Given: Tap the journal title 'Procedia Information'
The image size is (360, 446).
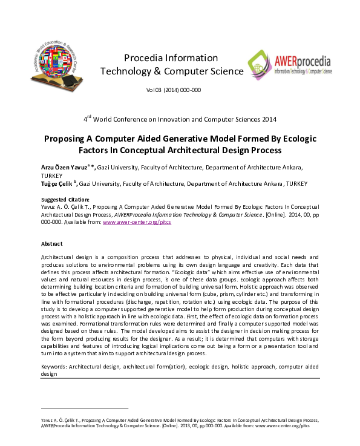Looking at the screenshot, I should [x=171, y=58].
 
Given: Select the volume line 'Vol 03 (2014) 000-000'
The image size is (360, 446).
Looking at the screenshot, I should [x=173, y=90].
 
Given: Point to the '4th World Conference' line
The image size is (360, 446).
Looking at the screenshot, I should [x=180, y=118].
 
